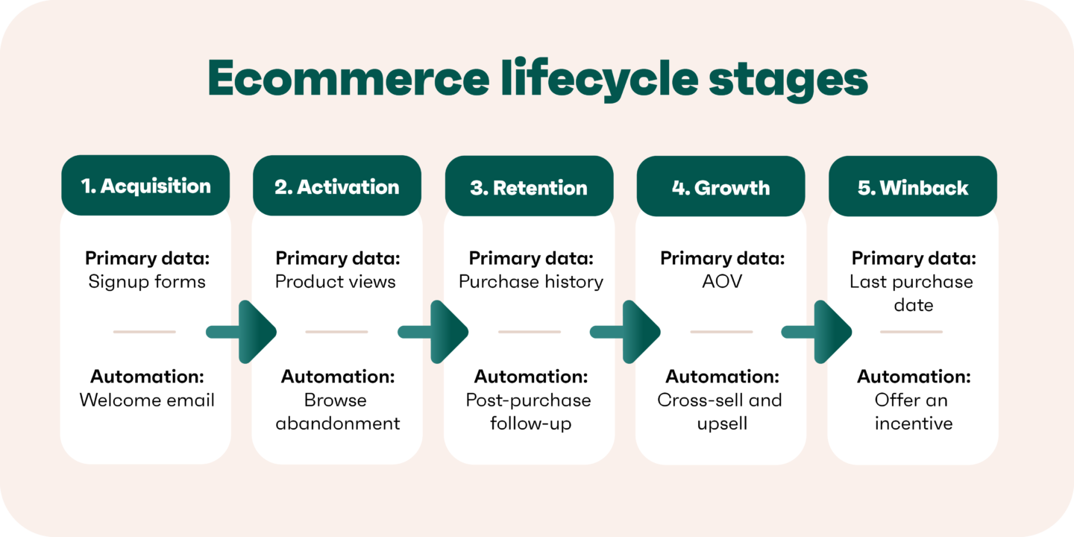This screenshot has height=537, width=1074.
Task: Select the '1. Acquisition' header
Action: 145,186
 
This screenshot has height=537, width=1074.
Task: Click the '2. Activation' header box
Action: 337,186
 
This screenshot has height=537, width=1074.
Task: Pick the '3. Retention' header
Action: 530,186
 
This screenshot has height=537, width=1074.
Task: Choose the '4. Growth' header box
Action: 720,186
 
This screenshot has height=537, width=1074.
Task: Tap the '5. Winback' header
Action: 913,186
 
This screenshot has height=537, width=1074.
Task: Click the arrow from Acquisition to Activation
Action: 242,332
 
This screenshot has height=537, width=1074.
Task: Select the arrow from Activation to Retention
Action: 434,332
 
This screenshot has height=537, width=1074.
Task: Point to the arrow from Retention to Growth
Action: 626,332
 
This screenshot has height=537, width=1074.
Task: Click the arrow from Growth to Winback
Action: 818,332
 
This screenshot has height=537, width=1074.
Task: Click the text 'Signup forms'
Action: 147,282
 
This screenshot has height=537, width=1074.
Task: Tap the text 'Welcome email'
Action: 147,400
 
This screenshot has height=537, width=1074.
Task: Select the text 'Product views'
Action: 336,282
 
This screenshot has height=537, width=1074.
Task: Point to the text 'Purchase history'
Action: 531,282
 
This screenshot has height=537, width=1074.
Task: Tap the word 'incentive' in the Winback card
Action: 913,424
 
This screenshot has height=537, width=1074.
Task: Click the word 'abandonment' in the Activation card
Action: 338,424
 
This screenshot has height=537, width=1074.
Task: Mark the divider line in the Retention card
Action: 530,332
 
